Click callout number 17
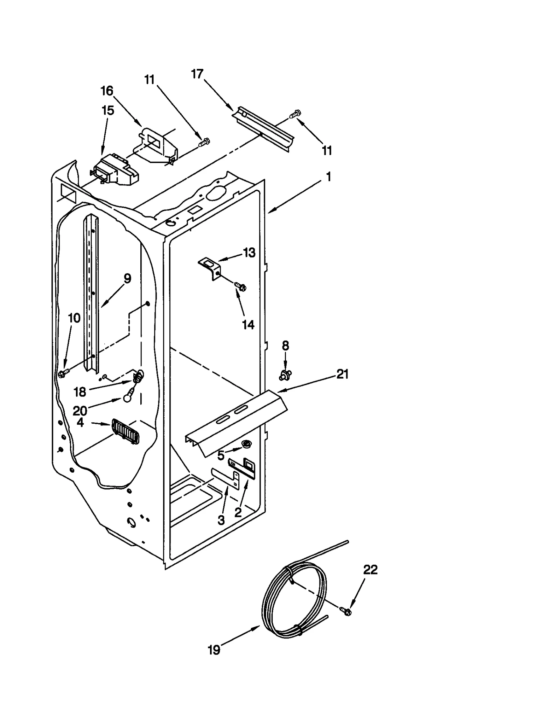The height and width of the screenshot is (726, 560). click(x=197, y=74)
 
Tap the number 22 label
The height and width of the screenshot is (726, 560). click(x=370, y=570)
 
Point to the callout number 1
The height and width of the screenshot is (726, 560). click(x=328, y=177)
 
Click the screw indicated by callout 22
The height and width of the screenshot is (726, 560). click(x=346, y=611)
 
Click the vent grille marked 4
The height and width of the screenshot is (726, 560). click(x=125, y=432)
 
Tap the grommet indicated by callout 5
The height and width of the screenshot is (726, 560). click(x=247, y=445)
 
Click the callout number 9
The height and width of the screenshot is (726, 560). click(x=127, y=279)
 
